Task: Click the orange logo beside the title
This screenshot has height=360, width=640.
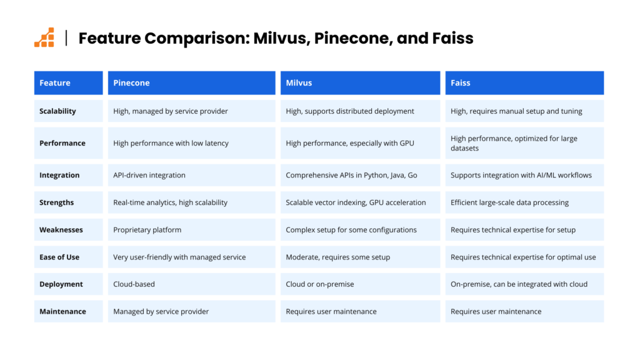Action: click(44, 37)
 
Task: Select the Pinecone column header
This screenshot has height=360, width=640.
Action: click(191, 83)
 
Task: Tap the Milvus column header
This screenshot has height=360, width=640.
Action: click(360, 83)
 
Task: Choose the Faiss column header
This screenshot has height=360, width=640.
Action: click(524, 83)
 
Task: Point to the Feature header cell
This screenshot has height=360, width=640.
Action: click(69, 83)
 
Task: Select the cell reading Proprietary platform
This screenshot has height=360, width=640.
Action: click(191, 230)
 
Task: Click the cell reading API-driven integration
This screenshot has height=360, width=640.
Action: click(191, 175)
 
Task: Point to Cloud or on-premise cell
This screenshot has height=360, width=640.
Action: click(360, 284)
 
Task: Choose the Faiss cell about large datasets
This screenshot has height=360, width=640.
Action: click(524, 143)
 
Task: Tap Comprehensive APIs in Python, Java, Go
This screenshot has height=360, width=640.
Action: click(360, 175)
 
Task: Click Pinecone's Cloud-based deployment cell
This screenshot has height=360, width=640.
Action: click(191, 284)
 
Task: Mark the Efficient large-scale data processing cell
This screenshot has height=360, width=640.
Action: click(524, 202)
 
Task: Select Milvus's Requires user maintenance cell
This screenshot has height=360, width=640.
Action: click(360, 311)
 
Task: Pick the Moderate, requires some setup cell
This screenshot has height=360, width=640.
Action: click(360, 257)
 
